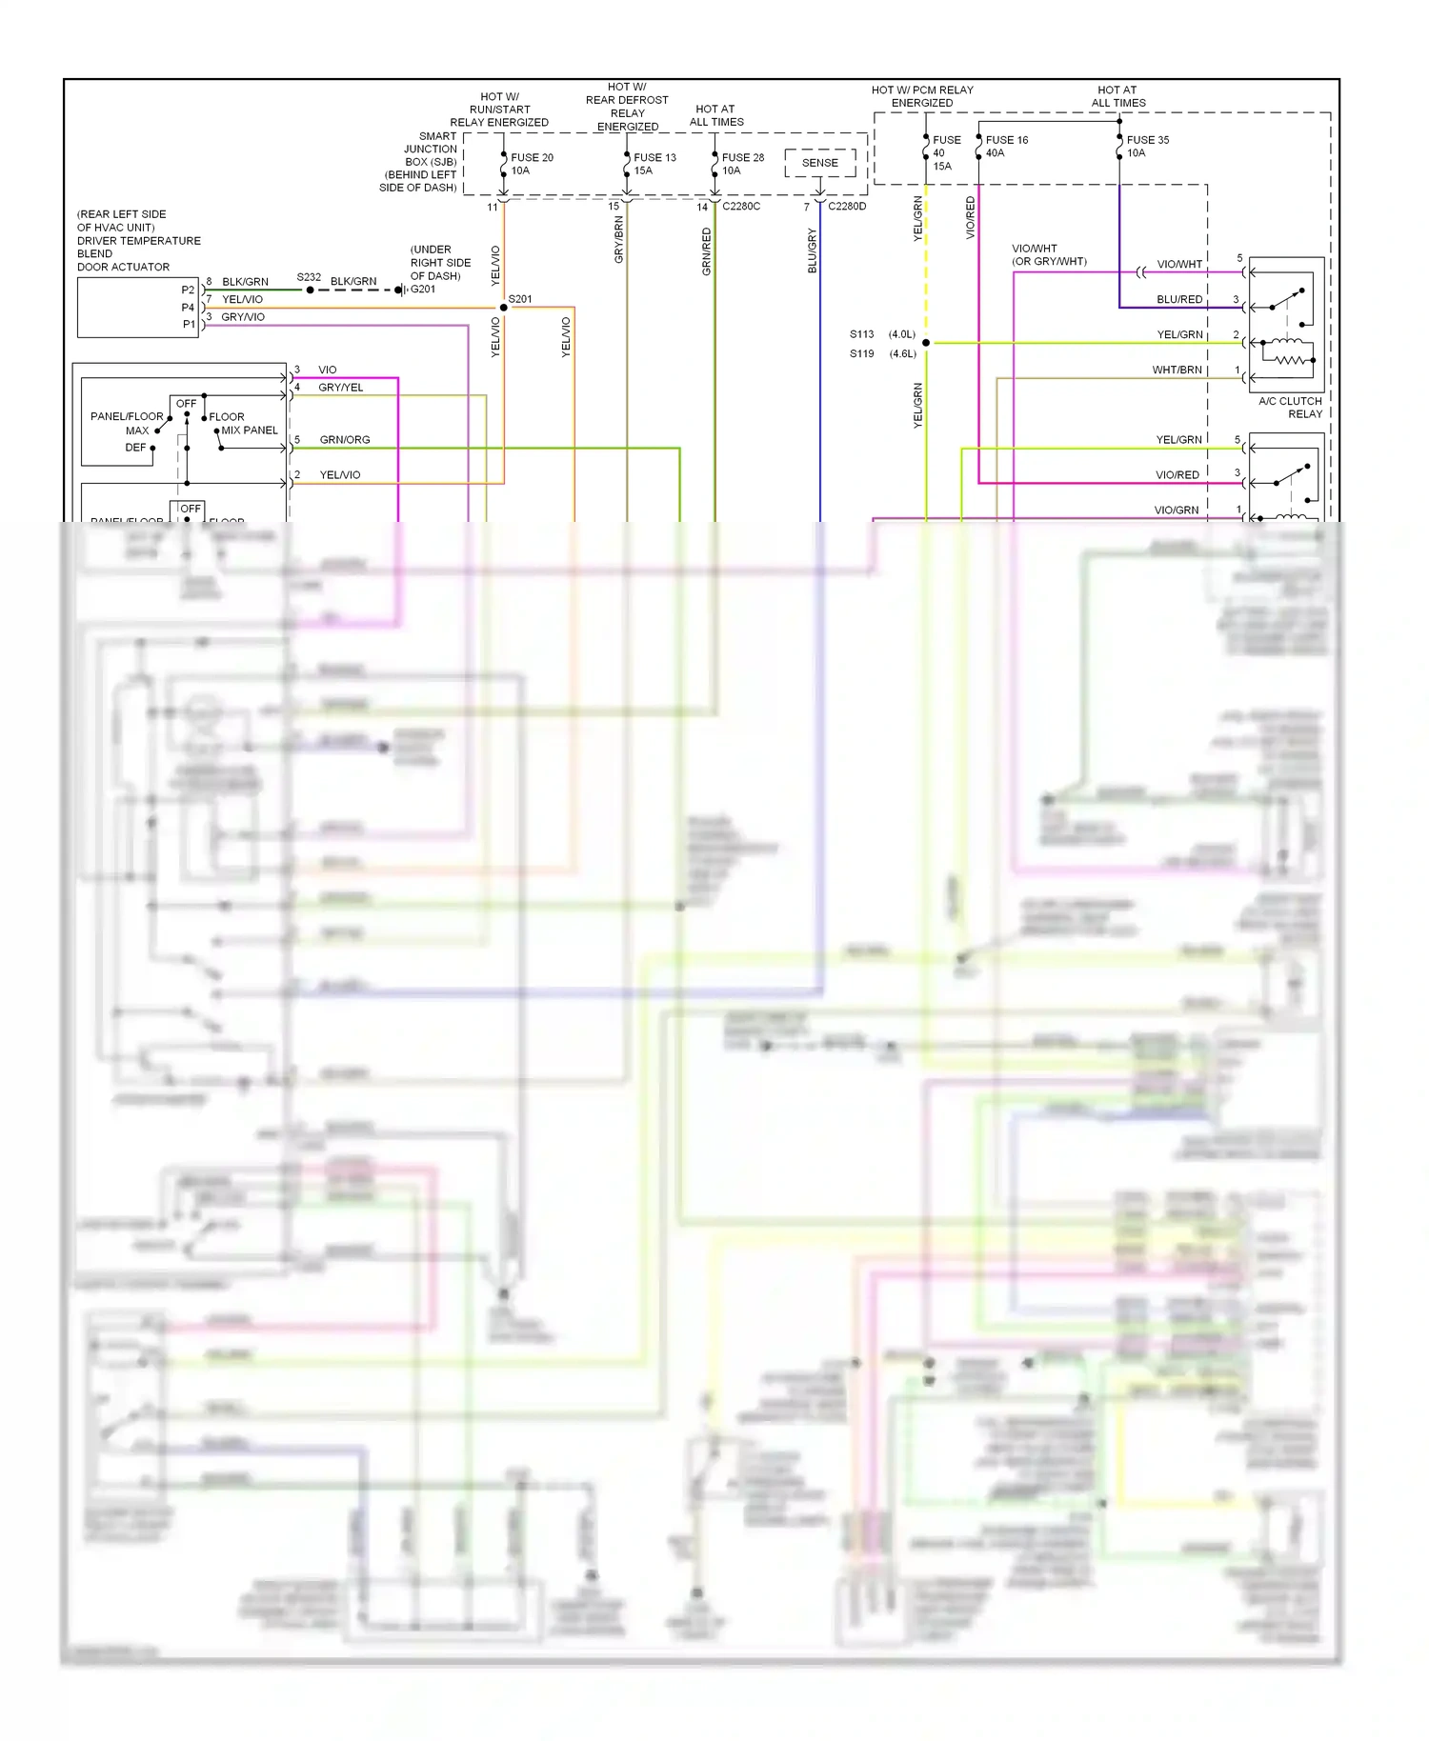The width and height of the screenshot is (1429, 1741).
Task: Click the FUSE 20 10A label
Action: point(531,164)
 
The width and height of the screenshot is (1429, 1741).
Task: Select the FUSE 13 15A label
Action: point(654,164)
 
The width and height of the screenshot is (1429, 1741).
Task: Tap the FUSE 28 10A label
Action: point(741,164)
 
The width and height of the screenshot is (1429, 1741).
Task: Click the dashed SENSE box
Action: point(819,163)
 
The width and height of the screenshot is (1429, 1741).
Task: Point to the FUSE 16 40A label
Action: point(1005,146)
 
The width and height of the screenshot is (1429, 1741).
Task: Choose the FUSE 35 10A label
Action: point(1146,146)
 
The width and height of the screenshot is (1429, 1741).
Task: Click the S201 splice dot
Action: point(504,308)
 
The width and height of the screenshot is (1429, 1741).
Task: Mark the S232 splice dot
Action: point(311,290)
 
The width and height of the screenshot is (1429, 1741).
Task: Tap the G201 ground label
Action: point(423,289)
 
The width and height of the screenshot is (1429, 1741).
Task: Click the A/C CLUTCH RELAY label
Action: point(1290,408)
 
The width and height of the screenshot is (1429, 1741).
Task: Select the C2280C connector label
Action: point(741,206)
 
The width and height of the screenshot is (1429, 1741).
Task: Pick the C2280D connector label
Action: point(847,206)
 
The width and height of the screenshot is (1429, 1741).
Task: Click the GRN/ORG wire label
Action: point(345,440)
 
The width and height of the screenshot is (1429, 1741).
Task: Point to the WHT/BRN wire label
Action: point(1177,370)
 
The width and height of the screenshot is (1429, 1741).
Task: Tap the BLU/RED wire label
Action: point(1179,299)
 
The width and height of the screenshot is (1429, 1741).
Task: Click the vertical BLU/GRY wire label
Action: point(812,250)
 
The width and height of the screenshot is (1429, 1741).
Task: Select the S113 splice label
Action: point(861,334)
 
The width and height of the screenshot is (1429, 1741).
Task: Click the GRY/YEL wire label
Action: point(340,388)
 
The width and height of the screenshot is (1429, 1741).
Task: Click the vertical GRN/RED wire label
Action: point(706,251)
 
